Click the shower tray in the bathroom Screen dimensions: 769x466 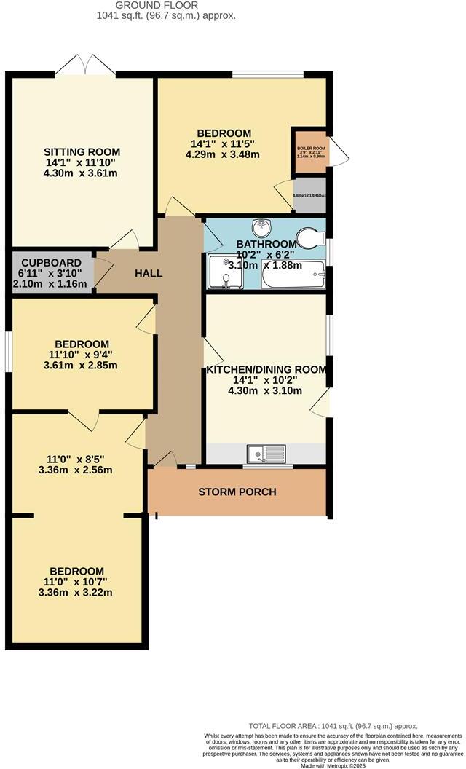(226, 272)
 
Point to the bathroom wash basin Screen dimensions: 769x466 (261, 227)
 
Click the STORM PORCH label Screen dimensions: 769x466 (237, 492)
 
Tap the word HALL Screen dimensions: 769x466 (149, 274)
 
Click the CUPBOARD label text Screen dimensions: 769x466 (50, 262)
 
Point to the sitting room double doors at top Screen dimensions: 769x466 (86, 65)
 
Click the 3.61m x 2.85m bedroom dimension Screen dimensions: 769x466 (81, 366)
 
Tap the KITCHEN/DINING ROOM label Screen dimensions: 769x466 (266, 369)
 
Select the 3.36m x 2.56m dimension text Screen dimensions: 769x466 (76, 470)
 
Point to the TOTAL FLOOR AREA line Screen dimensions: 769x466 (333, 726)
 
